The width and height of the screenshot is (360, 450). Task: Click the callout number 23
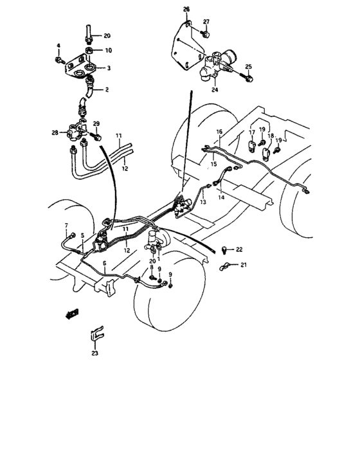pyautogui.click(x=95, y=352)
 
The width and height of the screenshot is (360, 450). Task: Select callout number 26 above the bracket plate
pyautogui.click(x=187, y=8)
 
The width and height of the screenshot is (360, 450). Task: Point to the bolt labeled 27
pyautogui.click(x=205, y=33)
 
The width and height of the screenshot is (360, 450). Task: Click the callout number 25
pyautogui.click(x=248, y=66)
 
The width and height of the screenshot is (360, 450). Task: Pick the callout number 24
pyautogui.click(x=215, y=90)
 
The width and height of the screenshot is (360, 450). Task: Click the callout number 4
pyautogui.click(x=58, y=46)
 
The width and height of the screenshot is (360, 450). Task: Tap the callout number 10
pyautogui.click(x=108, y=50)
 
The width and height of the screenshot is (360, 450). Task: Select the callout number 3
pyautogui.click(x=108, y=67)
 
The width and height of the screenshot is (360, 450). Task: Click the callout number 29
pyautogui.click(x=96, y=123)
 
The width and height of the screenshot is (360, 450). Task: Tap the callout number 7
pyautogui.click(x=66, y=226)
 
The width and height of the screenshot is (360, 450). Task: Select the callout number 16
pyautogui.click(x=219, y=132)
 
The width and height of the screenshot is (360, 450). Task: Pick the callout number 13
pyautogui.click(x=203, y=201)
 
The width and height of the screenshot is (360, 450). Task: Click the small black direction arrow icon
pyautogui.click(x=72, y=313)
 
